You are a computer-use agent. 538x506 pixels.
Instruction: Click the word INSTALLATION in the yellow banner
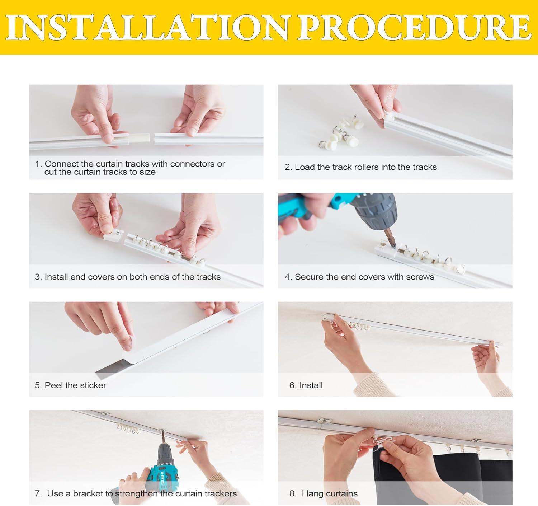(x=148, y=27)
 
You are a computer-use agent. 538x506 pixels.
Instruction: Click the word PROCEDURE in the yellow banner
(x=415, y=27)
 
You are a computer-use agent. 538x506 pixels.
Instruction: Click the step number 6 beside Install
(x=292, y=385)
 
